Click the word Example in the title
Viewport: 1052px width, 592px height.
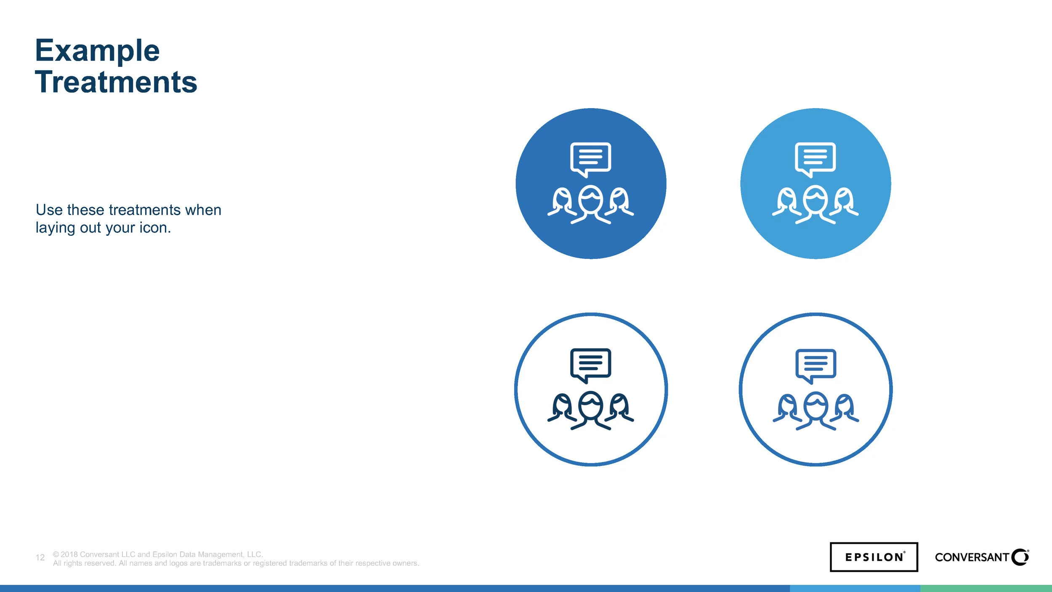click(97, 51)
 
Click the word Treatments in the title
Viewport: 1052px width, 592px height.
click(116, 82)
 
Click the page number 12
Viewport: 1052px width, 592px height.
click(40, 557)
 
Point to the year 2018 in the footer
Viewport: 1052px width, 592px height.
click(69, 555)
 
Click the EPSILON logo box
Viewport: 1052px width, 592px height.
click(874, 557)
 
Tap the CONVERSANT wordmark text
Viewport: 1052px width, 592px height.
click(972, 557)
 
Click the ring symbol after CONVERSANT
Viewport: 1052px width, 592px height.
click(1020, 557)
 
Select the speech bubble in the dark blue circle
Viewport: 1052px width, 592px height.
click(590, 158)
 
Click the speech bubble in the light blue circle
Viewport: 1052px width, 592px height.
click(815, 158)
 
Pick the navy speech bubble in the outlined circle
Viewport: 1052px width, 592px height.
click(590, 364)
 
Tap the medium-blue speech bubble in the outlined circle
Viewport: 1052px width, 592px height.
click(816, 364)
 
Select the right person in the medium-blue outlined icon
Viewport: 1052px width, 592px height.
click(844, 408)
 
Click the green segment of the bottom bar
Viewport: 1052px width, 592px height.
click(986, 588)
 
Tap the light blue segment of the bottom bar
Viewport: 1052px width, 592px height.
click(855, 588)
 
